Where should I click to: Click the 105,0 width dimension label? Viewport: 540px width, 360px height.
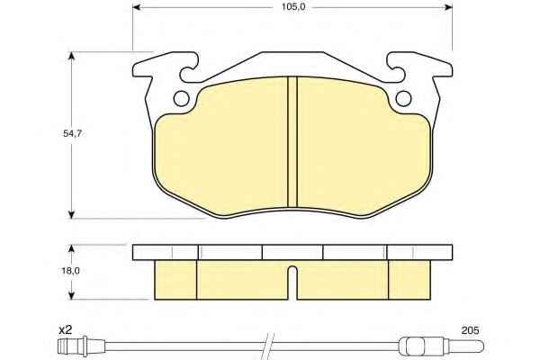tap(293, 7)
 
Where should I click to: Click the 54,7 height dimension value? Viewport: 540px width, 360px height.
tap(72, 134)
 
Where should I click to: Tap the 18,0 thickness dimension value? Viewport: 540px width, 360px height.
tap(70, 271)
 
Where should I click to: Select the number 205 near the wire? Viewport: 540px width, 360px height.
tap(470, 330)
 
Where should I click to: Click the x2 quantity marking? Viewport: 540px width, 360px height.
tap(65, 330)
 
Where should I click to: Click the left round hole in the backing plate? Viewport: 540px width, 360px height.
tap(182, 99)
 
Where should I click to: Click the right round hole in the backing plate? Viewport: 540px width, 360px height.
tap(403, 99)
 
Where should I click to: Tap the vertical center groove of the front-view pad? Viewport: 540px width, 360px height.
tap(292, 142)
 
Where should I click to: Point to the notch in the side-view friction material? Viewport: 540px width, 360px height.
tap(292, 283)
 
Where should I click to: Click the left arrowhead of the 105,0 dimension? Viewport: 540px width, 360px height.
tap(137, 7)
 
